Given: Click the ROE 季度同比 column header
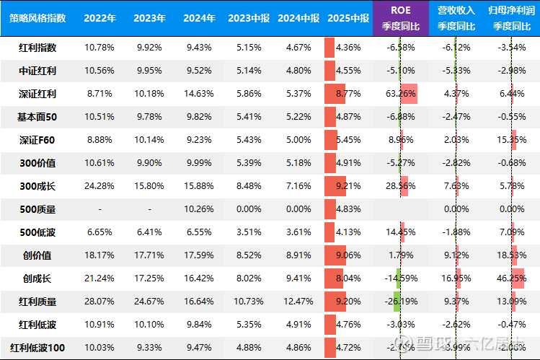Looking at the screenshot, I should pos(400,18).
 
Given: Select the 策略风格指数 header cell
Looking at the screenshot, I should pos(37,18).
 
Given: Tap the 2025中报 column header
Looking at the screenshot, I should pos(348,18).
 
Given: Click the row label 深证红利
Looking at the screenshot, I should pos(37,94).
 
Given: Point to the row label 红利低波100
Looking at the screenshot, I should pos(37,348).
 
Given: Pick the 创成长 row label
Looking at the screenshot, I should pos(37,278).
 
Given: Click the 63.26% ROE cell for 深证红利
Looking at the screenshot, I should pos(401,94).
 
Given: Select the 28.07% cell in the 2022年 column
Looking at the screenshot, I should pos(99,302).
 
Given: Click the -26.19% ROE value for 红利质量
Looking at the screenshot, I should pos(400,302).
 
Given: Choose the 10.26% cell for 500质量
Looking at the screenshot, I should pos(199,209).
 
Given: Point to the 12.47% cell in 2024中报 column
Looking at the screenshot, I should pos(298,302).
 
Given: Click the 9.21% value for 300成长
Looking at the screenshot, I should pos(348,186).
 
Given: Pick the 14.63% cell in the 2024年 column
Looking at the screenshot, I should pos(199,94).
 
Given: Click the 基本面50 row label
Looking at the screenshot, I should pos(37,117).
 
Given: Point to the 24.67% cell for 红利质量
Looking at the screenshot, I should pos(149,302).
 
